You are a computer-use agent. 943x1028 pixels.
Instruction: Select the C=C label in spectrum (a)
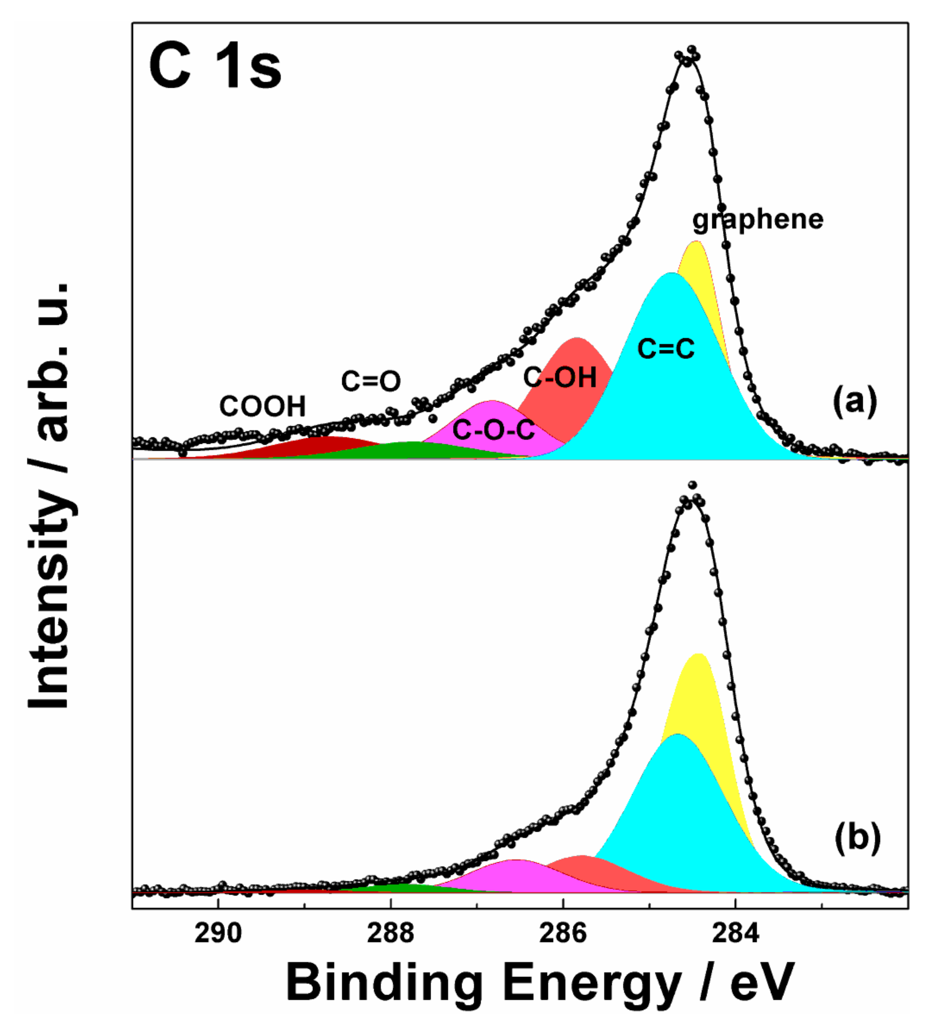point(666,349)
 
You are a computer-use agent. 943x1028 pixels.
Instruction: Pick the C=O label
point(371,381)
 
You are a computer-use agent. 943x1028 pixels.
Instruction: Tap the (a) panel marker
point(854,402)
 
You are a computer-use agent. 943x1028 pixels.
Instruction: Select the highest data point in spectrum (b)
point(692,485)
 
